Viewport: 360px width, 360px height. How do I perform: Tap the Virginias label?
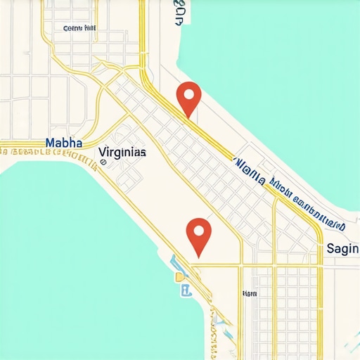(x=122, y=151)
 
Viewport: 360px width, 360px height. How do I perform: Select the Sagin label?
(x=342, y=249)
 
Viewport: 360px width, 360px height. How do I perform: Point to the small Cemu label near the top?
(x=79, y=29)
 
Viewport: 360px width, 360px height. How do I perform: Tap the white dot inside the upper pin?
(x=189, y=93)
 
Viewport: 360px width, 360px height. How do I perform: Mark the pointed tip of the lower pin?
(x=199, y=255)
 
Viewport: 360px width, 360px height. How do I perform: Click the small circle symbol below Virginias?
(x=103, y=161)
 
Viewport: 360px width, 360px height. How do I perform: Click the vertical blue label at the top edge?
(x=179, y=13)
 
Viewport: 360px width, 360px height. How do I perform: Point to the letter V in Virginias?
(x=103, y=151)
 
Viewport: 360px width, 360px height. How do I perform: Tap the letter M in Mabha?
(x=49, y=142)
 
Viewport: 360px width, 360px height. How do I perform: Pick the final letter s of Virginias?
(x=143, y=152)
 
